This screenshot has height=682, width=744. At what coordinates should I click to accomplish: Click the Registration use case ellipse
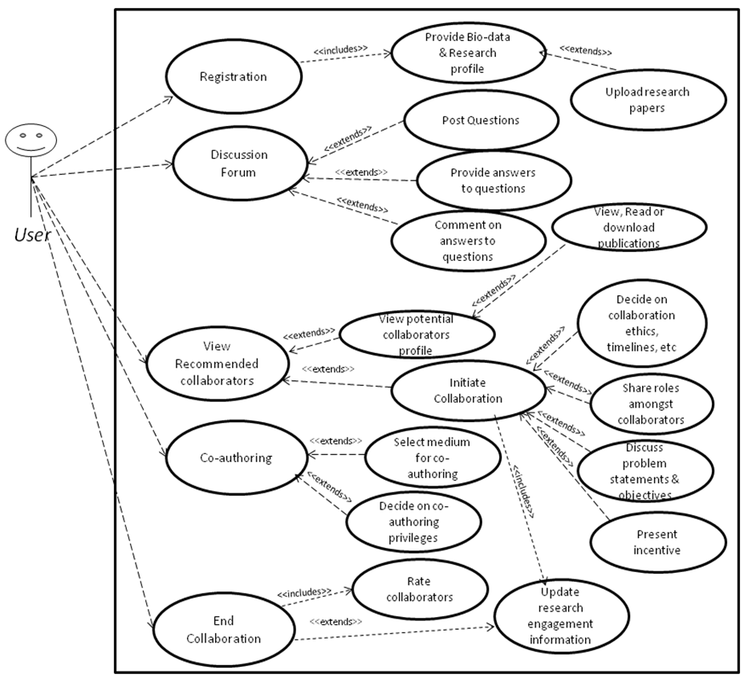click(x=234, y=77)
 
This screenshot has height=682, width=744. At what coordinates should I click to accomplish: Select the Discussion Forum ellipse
click(x=239, y=163)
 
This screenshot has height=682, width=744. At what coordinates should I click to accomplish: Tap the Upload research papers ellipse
click(x=648, y=99)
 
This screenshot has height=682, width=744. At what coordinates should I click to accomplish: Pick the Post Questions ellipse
click(x=481, y=121)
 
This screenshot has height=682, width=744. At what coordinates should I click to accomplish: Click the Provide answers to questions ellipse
click(x=492, y=181)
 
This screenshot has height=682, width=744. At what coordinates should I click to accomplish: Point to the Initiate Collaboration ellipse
click(x=468, y=391)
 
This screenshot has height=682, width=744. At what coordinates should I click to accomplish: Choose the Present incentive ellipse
click(x=657, y=542)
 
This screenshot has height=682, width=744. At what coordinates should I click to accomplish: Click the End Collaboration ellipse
click(x=224, y=631)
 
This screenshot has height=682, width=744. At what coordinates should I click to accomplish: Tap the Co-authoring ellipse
click(x=235, y=458)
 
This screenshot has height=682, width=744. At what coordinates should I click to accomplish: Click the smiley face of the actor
click(x=30, y=142)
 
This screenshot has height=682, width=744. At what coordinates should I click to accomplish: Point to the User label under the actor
click(x=32, y=235)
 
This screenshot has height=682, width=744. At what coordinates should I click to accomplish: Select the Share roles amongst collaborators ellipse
click(x=653, y=404)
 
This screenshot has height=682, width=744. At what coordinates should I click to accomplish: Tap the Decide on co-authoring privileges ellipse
click(x=413, y=522)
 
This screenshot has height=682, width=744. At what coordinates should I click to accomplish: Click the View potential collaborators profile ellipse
click(x=417, y=335)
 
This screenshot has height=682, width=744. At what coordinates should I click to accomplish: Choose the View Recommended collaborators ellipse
click(x=217, y=363)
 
